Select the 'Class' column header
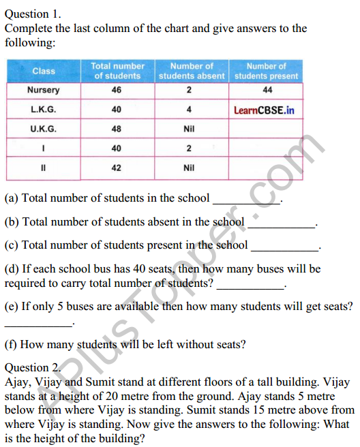point(44,71)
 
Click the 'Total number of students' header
point(118,71)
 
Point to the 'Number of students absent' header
point(192,71)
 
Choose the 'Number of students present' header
point(266,71)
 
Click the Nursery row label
point(44,90)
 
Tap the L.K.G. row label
point(44,109)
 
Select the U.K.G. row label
point(44,128)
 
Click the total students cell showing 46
point(118,90)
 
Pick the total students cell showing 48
point(118,128)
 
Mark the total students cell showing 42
point(118,166)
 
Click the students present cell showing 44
point(266,90)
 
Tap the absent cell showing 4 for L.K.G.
point(189,109)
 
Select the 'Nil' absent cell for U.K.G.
point(189,128)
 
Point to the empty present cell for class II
point(266,166)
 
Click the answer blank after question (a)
point(247,200)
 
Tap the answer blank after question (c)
point(285,247)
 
